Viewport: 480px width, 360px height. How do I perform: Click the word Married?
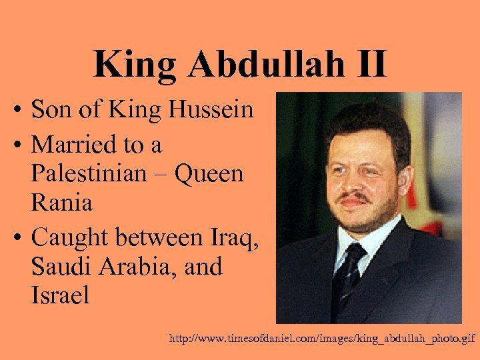[73, 143]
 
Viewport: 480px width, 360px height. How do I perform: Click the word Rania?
[61, 203]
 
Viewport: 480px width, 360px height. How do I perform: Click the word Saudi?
[59, 266]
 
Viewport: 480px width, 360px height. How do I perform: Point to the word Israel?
[59, 295]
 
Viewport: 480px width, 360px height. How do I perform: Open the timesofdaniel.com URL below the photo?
[323, 339]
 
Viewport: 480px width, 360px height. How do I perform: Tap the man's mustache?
[354, 198]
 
